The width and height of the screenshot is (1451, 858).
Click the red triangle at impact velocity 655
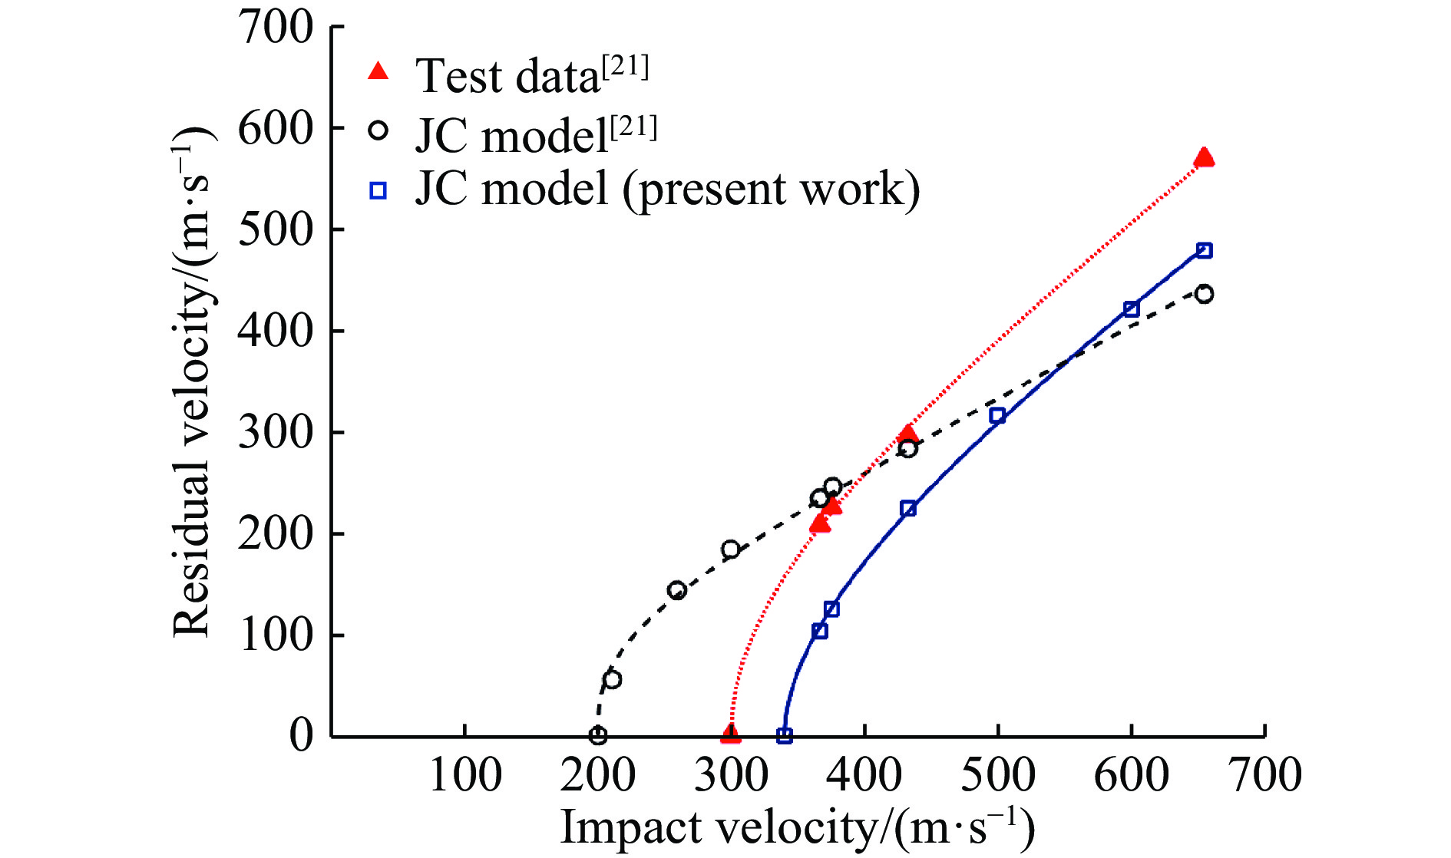pos(1204,157)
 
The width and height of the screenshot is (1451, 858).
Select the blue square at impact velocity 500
pos(997,415)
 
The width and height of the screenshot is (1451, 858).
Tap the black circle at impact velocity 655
pos(1204,294)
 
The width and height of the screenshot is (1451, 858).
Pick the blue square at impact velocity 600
pos(1131,309)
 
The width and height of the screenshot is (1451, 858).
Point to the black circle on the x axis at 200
pos(598,736)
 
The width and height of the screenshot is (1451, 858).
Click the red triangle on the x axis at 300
pos(731,734)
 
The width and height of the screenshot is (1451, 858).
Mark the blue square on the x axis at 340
pos(784,736)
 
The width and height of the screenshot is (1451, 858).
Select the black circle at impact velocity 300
pos(731,549)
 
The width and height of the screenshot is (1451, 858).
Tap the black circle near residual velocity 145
pos(677,590)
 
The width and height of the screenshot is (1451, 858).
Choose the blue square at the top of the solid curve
pos(1204,250)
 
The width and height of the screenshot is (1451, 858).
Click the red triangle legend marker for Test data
pos(378,71)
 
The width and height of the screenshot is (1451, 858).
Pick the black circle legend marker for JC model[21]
pos(378,130)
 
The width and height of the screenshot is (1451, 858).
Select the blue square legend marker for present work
pos(378,190)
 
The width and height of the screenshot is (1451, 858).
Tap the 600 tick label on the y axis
pos(276,128)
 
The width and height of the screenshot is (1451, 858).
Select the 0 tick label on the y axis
pos(301,735)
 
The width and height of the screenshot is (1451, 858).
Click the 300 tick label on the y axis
pos(276,432)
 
